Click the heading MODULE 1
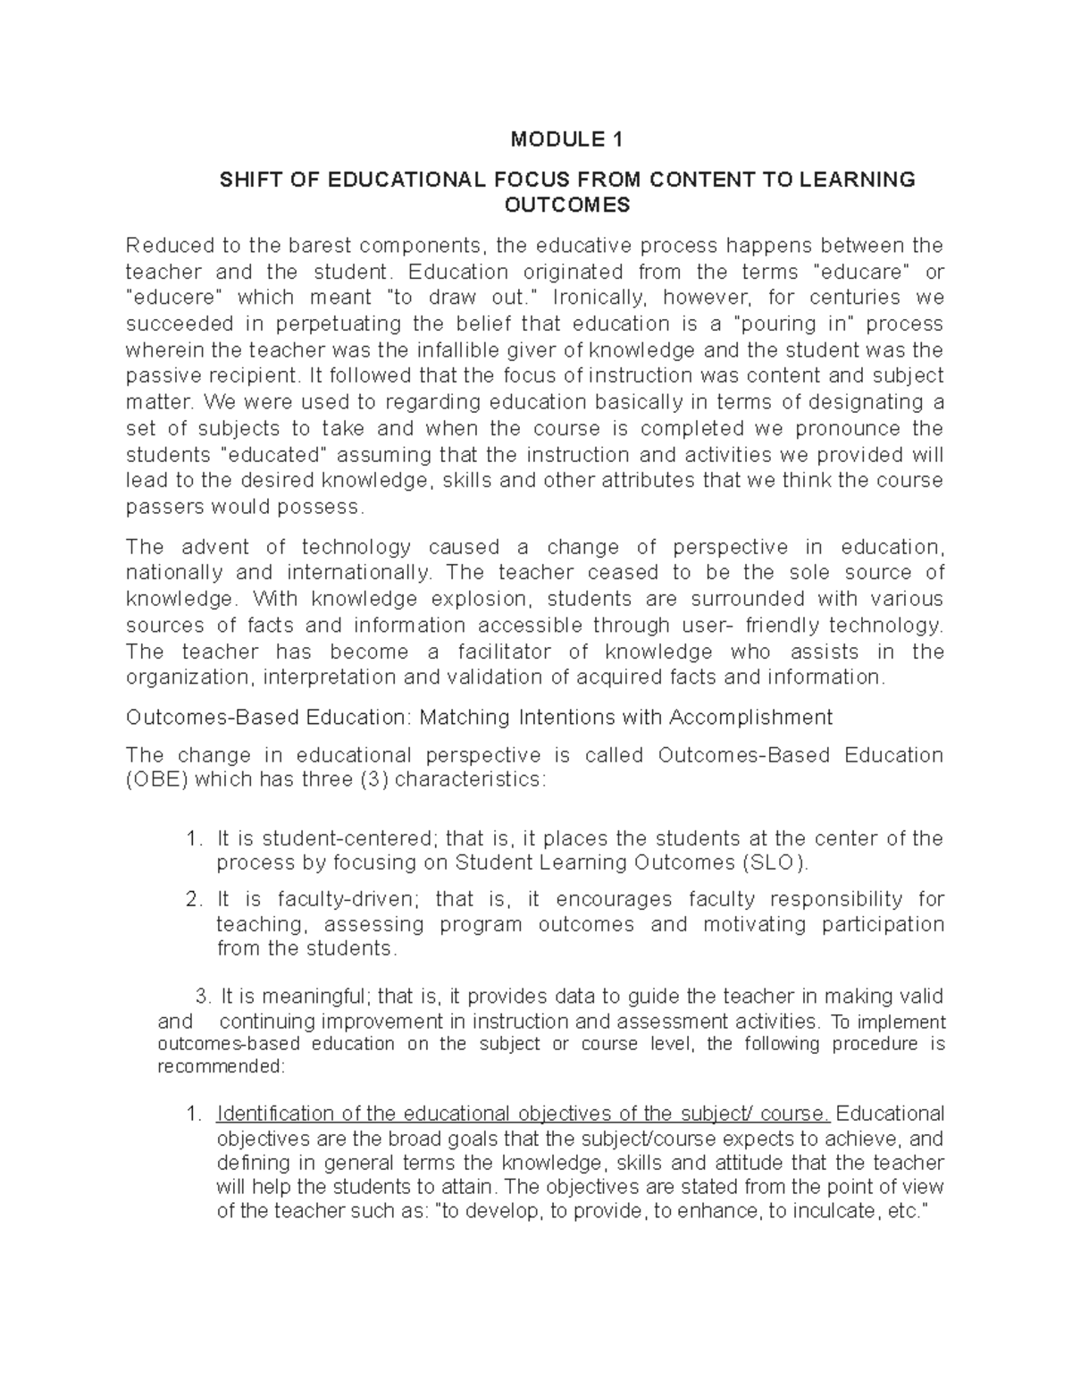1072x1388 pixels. click(x=566, y=139)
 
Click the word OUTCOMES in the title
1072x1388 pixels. click(x=567, y=206)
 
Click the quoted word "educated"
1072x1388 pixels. click(x=275, y=454)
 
